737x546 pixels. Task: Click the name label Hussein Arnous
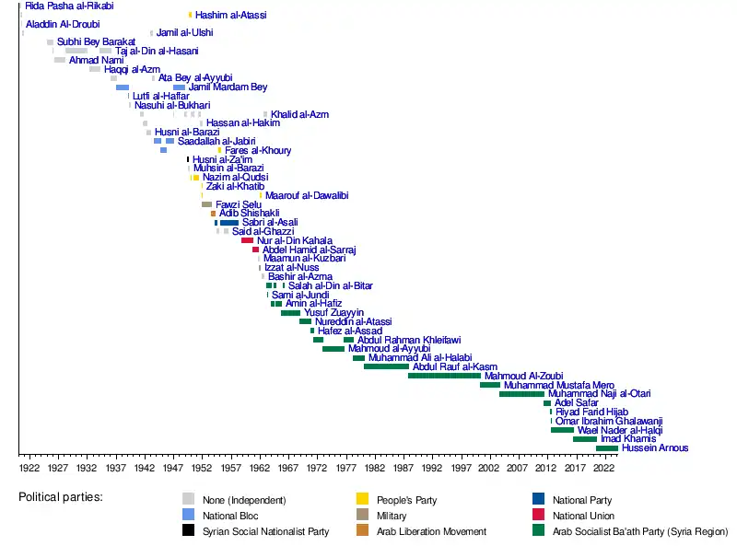point(655,448)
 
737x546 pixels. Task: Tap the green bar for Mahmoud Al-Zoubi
point(444,376)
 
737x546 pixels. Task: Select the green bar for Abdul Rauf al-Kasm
point(386,366)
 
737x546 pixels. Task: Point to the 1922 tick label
point(29,468)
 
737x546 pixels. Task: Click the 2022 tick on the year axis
point(603,468)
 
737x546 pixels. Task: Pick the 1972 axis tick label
point(316,468)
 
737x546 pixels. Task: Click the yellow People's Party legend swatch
point(362,500)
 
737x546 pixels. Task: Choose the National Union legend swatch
point(538,516)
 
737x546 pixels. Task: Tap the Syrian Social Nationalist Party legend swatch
point(188,531)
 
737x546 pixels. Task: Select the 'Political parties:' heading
point(61,498)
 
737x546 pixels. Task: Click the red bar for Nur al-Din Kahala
point(247,240)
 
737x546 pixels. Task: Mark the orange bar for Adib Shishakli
point(213,214)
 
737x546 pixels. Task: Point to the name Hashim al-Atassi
point(231,16)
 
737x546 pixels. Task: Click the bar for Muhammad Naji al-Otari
point(521,394)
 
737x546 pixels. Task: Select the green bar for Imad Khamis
point(584,439)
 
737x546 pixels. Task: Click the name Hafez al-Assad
point(349,331)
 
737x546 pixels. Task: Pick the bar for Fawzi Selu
point(206,204)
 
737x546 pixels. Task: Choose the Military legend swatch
point(362,516)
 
